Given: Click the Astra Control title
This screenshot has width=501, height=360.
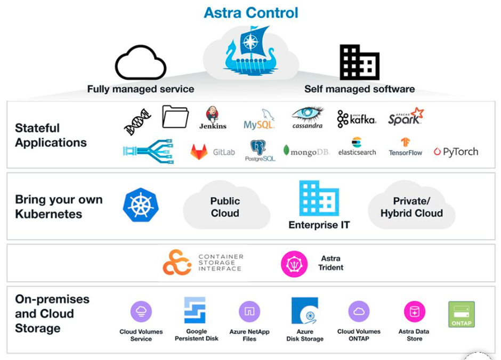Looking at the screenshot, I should pos(250,12).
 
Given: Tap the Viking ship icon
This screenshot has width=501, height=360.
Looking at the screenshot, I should pos(250,50).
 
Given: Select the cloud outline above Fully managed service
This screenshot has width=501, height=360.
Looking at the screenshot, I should pos(141,63).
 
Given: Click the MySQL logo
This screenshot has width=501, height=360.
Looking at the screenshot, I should pos(259,119).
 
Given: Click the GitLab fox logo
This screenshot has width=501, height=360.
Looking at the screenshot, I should pos(199,152).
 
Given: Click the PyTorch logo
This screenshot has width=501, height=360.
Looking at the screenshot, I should pos(456,152).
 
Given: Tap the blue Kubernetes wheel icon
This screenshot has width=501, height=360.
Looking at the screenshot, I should pos(140,205).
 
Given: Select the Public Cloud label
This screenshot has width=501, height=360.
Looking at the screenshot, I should pos(225,207).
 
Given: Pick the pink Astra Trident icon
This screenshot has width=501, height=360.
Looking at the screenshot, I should pos(294,264).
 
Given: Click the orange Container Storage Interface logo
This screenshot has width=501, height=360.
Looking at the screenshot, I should pos(177,263).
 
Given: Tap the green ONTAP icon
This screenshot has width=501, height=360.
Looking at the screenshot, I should pos(461,314).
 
